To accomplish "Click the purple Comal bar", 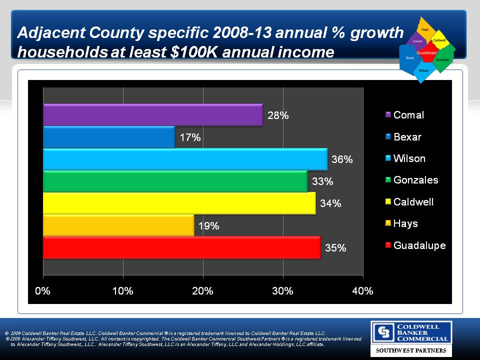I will point(152,115).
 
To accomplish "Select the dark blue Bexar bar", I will point(109,137).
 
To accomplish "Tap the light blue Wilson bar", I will point(185,159).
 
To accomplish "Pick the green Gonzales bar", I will point(175,181).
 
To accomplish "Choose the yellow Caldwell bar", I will point(179,203).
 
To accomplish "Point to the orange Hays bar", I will point(118,225).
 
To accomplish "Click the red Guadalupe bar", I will point(181,247).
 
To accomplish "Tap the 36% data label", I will point(342,160).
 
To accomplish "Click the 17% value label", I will point(190,137).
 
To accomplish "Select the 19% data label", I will point(208,226).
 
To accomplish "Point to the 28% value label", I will point(278,115).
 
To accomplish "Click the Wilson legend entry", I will point(409,158).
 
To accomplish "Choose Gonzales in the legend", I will point(415,180).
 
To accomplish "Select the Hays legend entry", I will point(405,223).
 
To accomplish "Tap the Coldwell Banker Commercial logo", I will point(411,332).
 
